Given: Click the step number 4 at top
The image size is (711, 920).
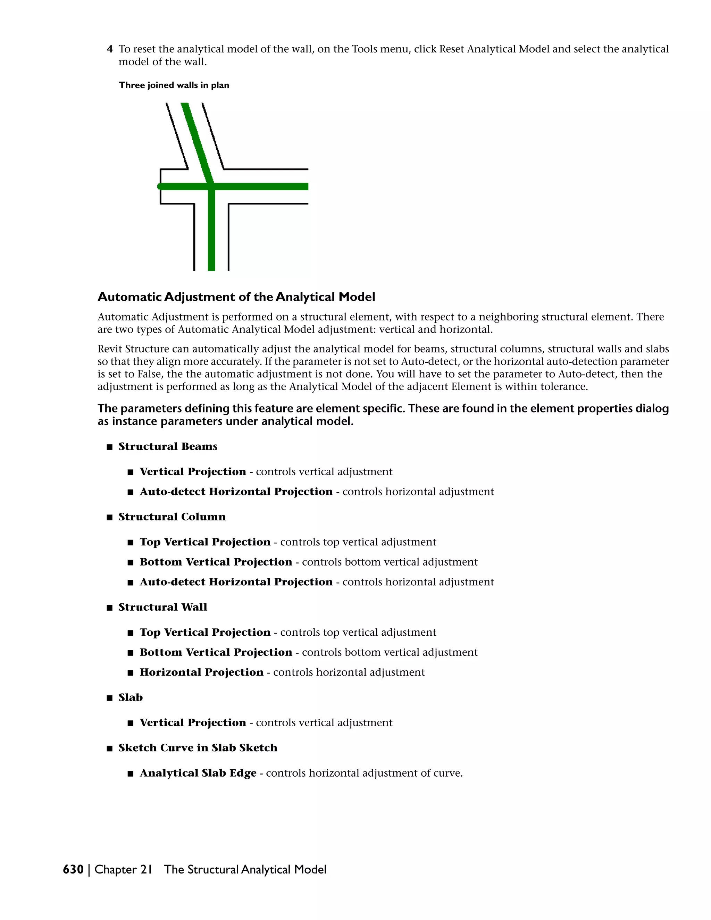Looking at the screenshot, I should pos(110,49).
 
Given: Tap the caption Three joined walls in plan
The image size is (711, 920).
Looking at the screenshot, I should pos(174,85).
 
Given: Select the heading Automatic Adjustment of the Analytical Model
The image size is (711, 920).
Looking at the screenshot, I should pos(236,298).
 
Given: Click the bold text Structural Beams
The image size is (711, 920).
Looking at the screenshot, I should pos(168,446).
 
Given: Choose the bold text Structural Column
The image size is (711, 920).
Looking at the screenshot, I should pos(172,517).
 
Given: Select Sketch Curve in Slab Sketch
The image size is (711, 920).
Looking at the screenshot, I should pos(198,748).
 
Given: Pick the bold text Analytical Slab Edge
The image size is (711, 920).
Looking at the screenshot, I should pos(198,773).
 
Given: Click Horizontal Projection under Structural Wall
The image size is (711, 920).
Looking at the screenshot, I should pos(201,672).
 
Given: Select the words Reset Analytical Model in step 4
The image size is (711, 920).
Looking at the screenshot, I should pos(494,49).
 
